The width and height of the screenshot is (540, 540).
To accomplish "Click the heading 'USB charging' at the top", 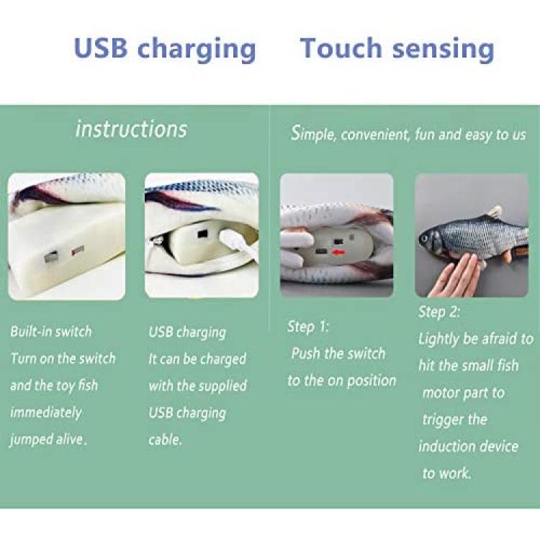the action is pyautogui.click(x=165, y=50).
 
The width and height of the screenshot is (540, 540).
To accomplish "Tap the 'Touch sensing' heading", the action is pyautogui.click(x=397, y=50).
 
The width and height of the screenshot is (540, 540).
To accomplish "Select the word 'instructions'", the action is pyautogui.click(x=131, y=129).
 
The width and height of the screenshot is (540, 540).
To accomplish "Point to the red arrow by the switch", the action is pyautogui.click(x=339, y=253).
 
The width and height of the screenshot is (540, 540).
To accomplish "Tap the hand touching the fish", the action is pyautogui.click(x=454, y=276).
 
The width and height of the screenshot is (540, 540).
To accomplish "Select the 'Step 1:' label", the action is pyautogui.click(x=308, y=327).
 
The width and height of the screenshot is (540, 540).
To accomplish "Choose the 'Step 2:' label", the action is pyautogui.click(x=439, y=312).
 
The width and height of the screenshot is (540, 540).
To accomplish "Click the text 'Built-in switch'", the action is pyautogui.click(x=51, y=332).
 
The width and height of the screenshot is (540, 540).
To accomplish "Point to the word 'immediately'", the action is pyautogui.click(x=46, y=413).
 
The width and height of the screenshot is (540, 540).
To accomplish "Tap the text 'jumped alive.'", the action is pyautogui.click(x=48, y=440).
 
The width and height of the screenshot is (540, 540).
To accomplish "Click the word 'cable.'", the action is pyautogui.click(x=165, y=440).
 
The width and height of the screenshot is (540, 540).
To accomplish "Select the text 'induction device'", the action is pyautogui.click(x=469, y=446).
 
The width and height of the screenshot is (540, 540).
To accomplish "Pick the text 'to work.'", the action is pyautogui.click(x=446, y=473).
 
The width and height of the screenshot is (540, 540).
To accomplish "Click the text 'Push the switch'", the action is pyautogui.click(x=338, y=354).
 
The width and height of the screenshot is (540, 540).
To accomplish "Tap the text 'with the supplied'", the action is pyautogui.click(x=198, y=386).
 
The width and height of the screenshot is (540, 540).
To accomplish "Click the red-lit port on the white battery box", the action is pyautogui.click(x=78, y=251).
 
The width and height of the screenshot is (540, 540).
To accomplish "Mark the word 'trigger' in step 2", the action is pyautogui.click(x=444, y=420).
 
